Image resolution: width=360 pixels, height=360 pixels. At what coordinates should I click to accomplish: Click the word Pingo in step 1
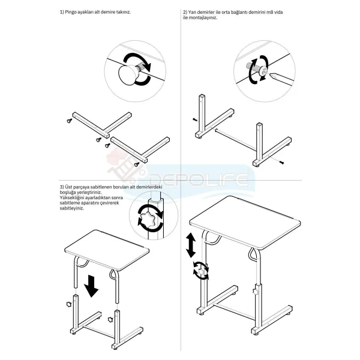(x=70, y=12)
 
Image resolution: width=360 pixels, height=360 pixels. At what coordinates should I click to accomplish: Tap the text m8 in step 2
(x=270, y=12)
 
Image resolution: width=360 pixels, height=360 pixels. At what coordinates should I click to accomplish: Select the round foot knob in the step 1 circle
(x=128, y=74)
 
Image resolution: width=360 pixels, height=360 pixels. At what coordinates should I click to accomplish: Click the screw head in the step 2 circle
(x=263, y=71)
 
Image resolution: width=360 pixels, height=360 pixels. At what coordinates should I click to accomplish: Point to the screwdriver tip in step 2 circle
(x=271, y=75)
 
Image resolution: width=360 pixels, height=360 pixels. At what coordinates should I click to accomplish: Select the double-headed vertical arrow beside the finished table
(x=191, y=245)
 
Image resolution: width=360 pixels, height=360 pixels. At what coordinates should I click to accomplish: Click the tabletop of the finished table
(x=245, y=222)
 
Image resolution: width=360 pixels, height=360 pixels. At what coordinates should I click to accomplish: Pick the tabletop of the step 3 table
(x=107, y=250)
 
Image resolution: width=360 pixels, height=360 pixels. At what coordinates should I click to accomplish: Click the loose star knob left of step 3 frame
(x=68, y=304)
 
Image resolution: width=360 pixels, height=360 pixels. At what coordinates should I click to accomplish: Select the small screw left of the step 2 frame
(x=194, y=119)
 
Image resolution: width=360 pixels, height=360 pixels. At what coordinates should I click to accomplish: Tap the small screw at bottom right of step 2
(x=281, y=163)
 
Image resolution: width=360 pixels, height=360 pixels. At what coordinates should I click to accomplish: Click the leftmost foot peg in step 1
(x=70, y=121)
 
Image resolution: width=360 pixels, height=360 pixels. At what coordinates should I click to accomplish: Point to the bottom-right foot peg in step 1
(x=137, y=164)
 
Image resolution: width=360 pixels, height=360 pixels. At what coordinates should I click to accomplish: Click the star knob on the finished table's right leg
(x=255, y=292)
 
